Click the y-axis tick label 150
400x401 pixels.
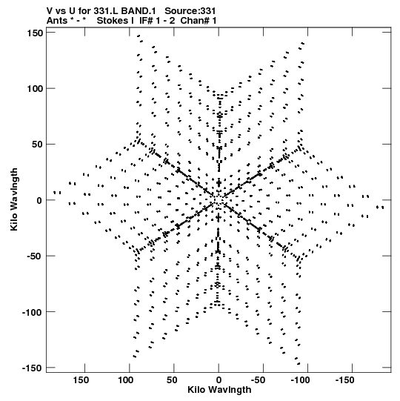[35, 33]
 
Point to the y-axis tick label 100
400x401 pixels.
[35, 89]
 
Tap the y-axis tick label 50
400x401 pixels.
[37, 145]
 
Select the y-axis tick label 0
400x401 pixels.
[39, 200]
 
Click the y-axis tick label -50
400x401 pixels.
[35, 256]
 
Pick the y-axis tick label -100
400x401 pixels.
[33, 312]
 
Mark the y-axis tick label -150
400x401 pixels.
[33, 368]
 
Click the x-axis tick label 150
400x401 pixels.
[81, 380]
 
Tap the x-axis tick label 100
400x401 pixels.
[125, 380]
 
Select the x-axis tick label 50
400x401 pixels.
[172, 380]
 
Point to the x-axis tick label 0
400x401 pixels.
[219, 380]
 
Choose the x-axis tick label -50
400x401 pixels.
[260, 380]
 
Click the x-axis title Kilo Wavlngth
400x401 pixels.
[219, 390]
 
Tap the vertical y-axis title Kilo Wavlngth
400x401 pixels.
[14, 199]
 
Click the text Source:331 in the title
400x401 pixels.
[190, 11]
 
